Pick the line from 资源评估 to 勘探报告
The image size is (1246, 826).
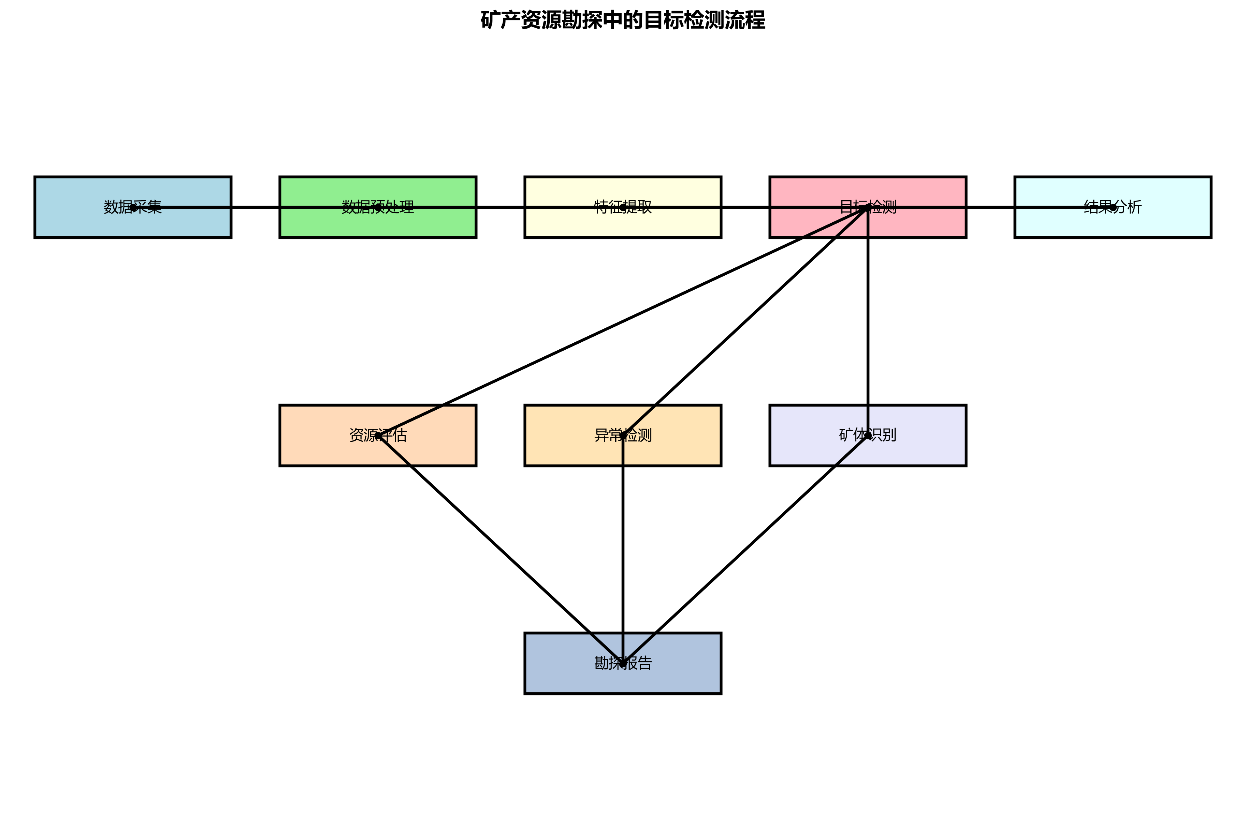point(500,549)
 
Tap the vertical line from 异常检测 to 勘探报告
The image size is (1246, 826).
point(623,549)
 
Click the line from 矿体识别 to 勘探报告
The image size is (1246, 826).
point(745,549)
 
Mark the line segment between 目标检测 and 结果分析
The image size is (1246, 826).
point(991,207)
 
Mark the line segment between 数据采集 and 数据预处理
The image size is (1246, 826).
point(255,207)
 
